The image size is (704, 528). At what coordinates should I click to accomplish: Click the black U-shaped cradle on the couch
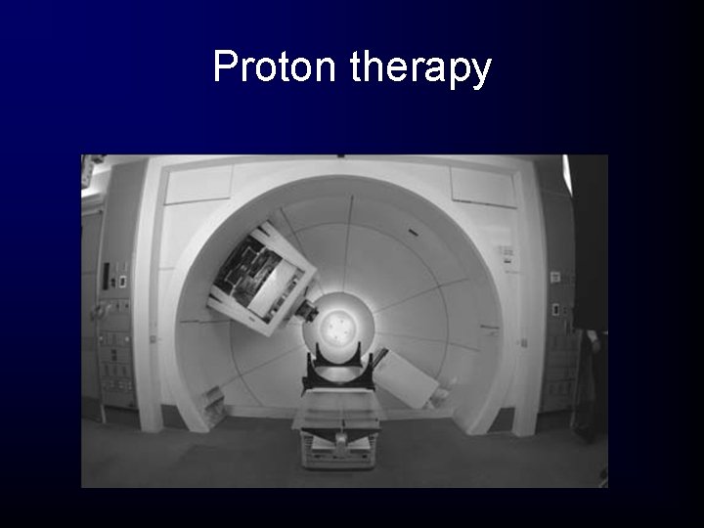tap(341, 373)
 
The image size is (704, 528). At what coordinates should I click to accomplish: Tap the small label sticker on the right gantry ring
tap(506, 252)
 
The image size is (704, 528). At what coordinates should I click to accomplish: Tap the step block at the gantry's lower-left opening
tap(214, 399)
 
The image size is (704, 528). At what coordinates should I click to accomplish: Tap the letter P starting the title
tap(224, 67)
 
